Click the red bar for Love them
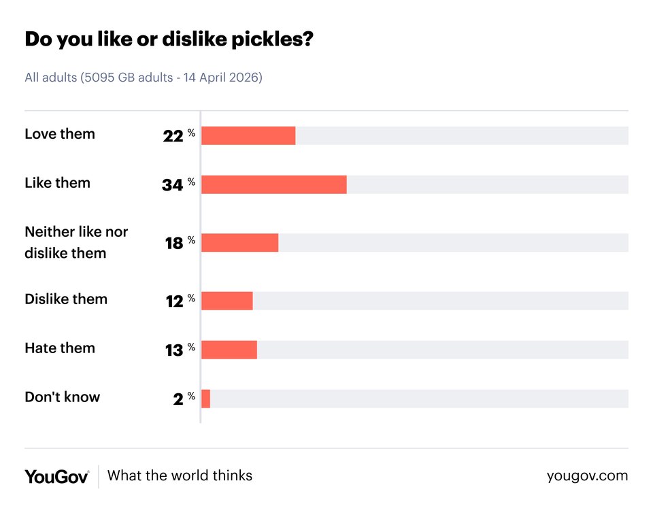248,135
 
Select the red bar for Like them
274,184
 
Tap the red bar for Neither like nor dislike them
240,243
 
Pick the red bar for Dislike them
227,301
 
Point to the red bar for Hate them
229,350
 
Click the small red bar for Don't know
205,399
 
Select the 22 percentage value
173,136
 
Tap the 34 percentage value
173,185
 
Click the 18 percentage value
174,243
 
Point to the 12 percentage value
174,301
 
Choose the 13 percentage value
174,350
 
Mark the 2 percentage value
178,399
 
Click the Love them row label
60,134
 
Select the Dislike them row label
66,299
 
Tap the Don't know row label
62,397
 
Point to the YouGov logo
56,476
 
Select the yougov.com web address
587,476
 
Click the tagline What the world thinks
180,476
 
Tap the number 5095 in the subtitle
98,78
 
